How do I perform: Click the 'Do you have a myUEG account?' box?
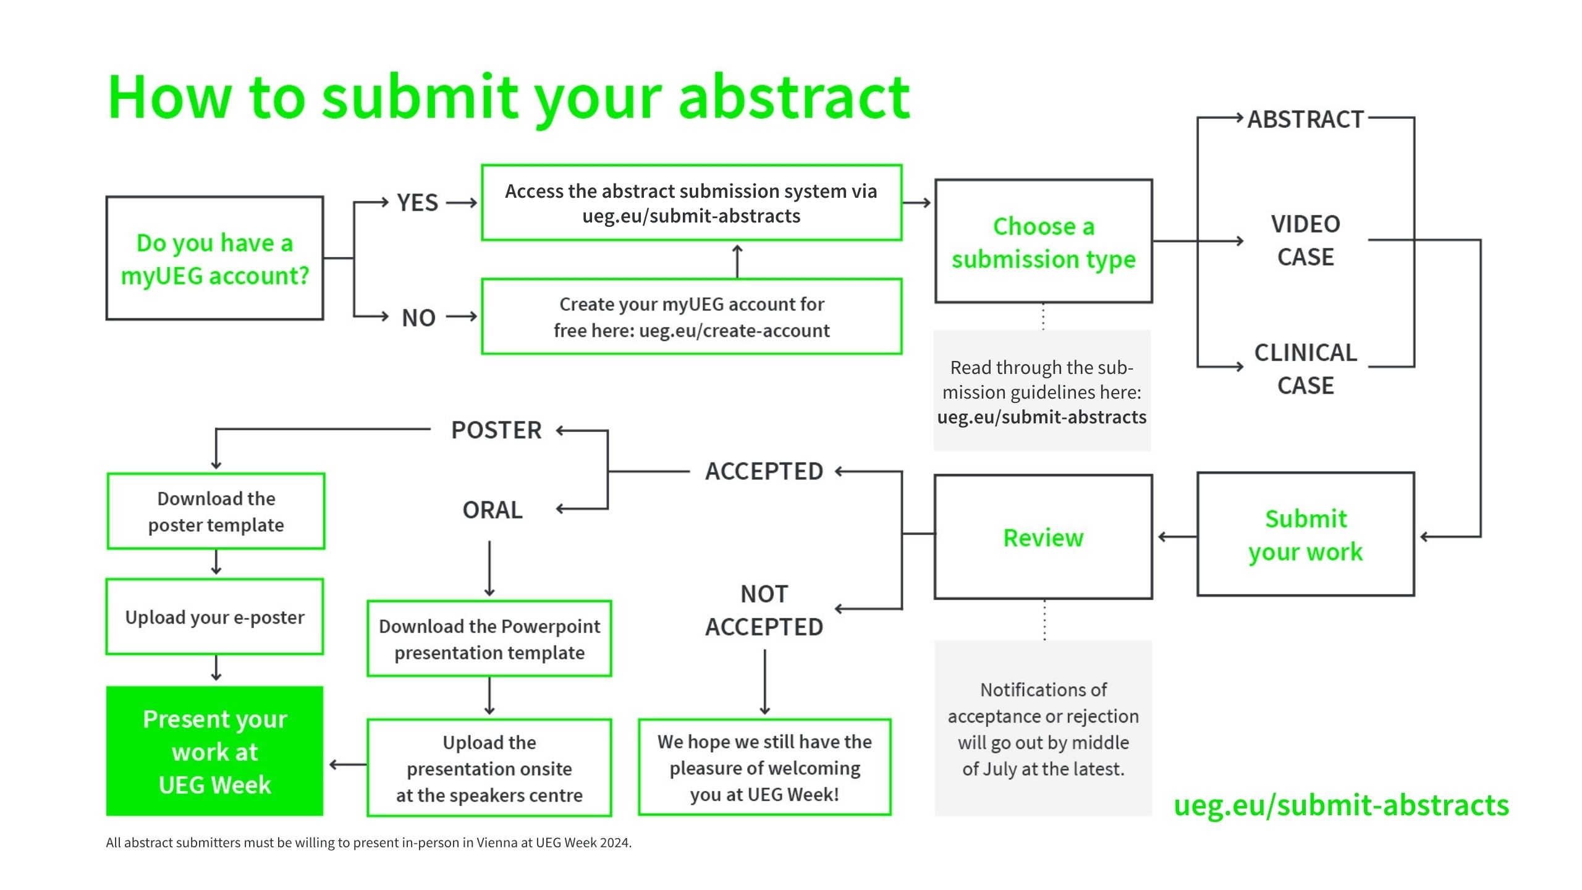click(214, 258)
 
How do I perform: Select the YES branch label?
click(417, 203)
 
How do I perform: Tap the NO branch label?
click(418, 318)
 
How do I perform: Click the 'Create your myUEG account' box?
click(692, 317)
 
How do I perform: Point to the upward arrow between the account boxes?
click(737, 260)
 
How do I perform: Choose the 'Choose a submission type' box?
click(1043, 242)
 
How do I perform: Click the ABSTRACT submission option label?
click(1305, 119)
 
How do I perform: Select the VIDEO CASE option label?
click(1305, 240)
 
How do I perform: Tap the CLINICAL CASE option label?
click(1305, 368)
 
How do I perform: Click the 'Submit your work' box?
click(1305, 535)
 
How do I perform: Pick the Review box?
click(1043, 537)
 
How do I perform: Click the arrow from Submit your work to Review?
click(1175, 536)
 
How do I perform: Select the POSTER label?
click(496, 430)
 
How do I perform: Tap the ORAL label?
click(493, 510)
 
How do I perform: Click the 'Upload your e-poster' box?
click(214, 617)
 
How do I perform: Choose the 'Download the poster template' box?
click(216, 512)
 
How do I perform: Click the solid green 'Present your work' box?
click(214, 752)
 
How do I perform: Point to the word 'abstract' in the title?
click(793, 98)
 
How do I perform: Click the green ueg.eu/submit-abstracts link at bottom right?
click(1341, 805)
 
